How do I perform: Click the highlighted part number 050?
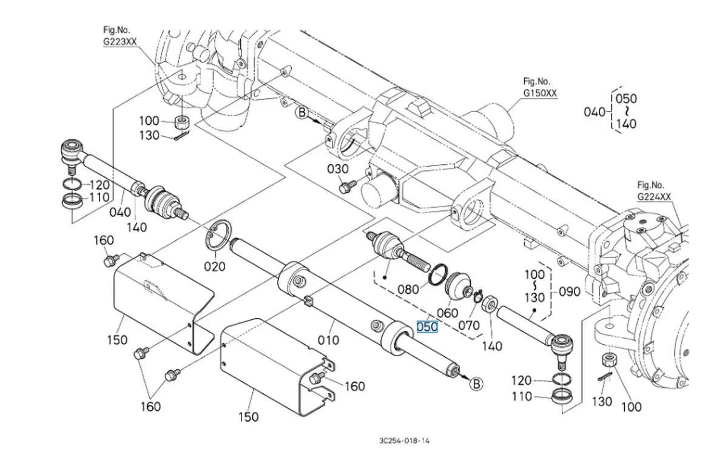click(x=427, y=327)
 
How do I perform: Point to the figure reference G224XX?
click(x=654, y=197)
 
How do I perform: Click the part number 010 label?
click(x=329, y=341)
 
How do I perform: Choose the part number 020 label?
click(x=214, y=266)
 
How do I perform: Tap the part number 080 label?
click(x=408, y=289)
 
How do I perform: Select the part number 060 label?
click(x=448, y=313)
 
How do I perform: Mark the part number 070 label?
click(x=468, y=325)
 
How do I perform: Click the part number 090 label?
click(x=568, y=291)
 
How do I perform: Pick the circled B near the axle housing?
click(x=302, y=113)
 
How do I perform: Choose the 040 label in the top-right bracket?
click(x=595, y=111)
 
